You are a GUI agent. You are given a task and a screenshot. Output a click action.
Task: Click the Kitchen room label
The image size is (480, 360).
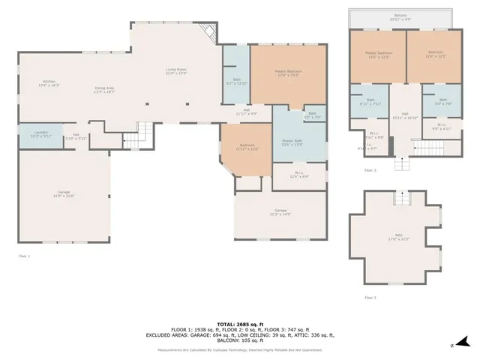(x=49, y=83)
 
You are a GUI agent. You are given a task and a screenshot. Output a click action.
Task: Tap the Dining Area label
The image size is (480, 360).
(x=104, y=89)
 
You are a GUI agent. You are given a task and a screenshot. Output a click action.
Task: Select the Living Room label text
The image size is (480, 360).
(x=175, y=71)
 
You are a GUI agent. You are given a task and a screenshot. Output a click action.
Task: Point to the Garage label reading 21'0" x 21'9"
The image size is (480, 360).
(x=64, y=193)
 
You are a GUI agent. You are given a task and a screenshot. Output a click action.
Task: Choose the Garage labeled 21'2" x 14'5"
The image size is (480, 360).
(x=280, y=212)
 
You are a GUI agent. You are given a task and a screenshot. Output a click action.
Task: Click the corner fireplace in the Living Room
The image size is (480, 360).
(x=210, y=32)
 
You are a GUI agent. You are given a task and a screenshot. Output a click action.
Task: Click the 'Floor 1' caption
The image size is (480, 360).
(x=24, y=256)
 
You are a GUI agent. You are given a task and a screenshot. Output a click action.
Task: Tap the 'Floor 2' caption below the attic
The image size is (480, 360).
(x=370, y=298)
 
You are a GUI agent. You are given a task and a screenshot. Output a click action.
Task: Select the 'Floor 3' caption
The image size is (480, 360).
(x=370, y=170)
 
